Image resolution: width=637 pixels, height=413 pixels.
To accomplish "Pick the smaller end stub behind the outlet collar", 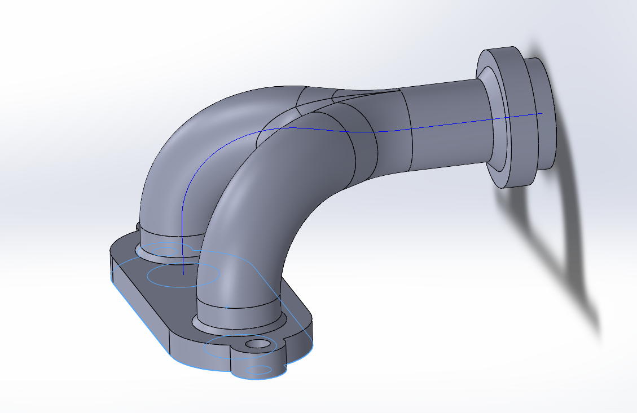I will point(542,113).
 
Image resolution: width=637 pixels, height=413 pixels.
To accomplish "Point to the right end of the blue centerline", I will point(541,114).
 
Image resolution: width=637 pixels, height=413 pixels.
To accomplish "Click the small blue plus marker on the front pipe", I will point(226,308).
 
